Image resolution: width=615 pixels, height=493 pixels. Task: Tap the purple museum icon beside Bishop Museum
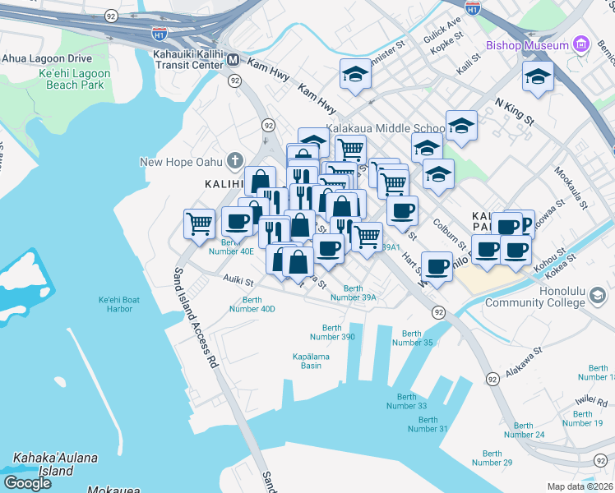(581, 44)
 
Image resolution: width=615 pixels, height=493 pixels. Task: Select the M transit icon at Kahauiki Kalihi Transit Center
(234, 59)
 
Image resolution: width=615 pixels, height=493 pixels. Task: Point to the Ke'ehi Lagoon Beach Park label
(75, 79)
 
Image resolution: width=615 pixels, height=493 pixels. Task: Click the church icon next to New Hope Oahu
(235, 161)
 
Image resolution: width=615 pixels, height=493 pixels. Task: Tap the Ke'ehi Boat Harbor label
(118, 304)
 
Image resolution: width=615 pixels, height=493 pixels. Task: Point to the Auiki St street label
(238, 281)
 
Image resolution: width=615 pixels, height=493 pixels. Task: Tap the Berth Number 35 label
(411, 338)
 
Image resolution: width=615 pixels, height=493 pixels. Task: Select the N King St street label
(515, 113)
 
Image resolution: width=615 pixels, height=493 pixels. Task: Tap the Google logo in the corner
(27, 482)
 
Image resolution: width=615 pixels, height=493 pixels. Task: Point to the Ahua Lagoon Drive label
(47, 58)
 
